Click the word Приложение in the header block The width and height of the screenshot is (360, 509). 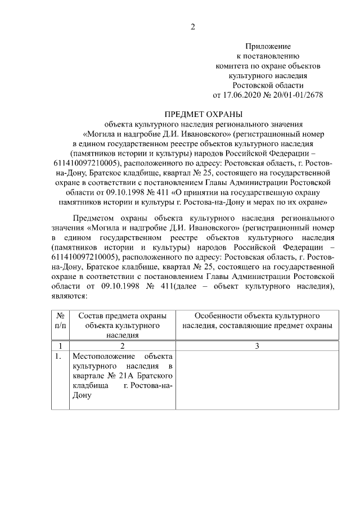pyautogui.click(x=267, y=47)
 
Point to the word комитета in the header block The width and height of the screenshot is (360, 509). pyautogui.click(x=232, y=66)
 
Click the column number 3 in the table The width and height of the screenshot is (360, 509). pyautogui.click(x=256, y=345)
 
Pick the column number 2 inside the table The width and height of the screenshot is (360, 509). pyautogui.click(x=122, y=345)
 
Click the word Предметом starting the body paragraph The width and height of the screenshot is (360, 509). pyautogui.click(x=92, y=218)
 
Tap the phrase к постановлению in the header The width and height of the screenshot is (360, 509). pyautogui.click(x=268, y=56)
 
